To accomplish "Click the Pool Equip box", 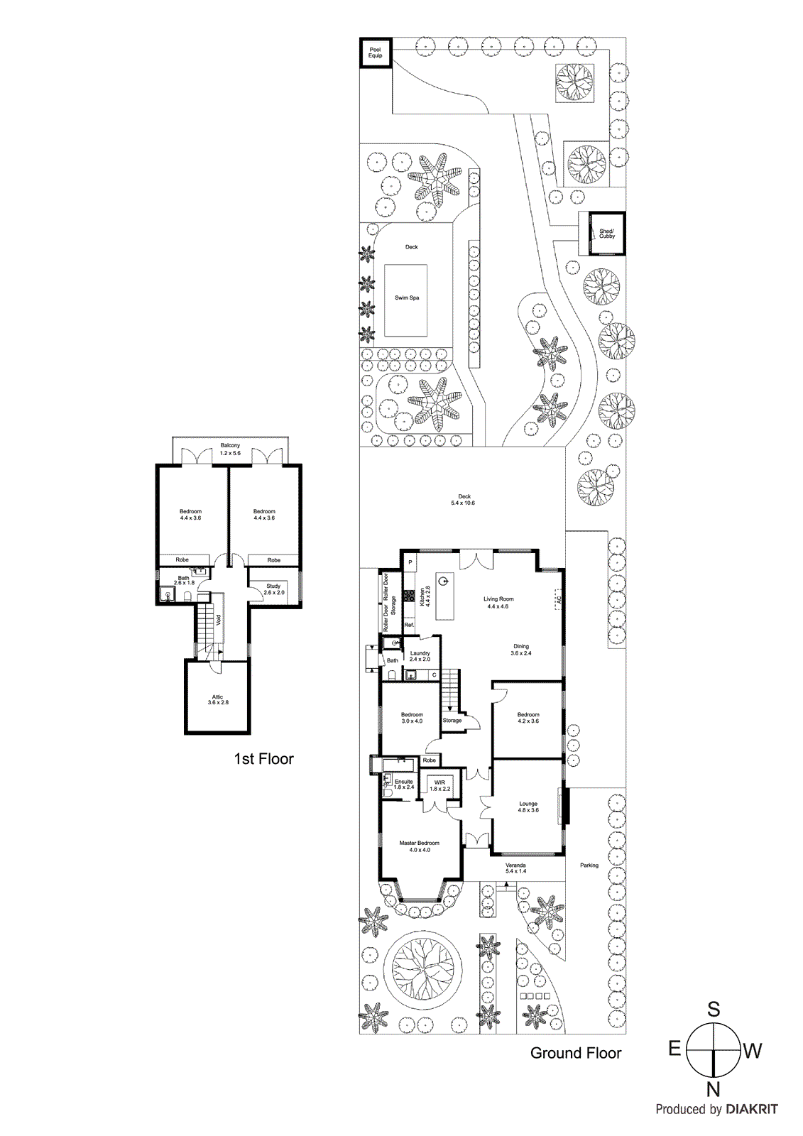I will pos(375,53).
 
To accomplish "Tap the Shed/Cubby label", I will pos(607,234).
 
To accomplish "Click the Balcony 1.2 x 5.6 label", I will pos(230,449).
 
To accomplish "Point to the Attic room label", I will pos(218,699).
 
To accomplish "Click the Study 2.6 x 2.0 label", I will pos(273,589).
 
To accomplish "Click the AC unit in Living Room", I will pos(559,599).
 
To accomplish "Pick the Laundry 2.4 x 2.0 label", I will pos(420,656).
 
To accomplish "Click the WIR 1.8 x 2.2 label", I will pos(439,785).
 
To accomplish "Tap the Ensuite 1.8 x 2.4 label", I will pos(403,785).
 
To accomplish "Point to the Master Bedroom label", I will pos(419,846).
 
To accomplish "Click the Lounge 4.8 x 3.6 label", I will pos(528,807).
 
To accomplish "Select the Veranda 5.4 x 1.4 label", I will pos(515,868).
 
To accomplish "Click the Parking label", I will pos(589,865).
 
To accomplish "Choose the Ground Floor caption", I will pos(576,1054).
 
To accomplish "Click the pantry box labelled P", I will pos(410,562).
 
